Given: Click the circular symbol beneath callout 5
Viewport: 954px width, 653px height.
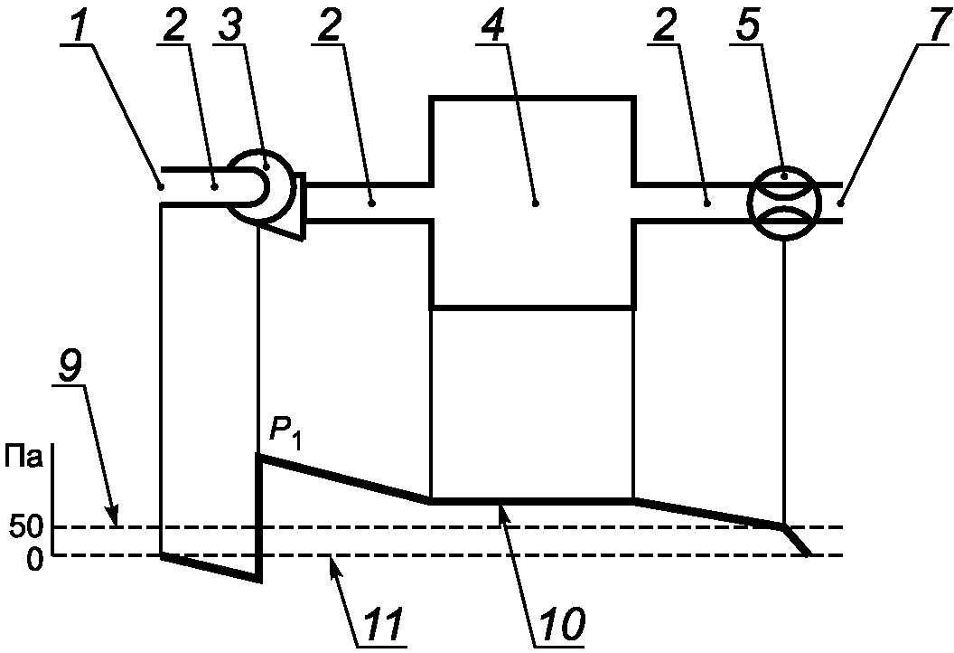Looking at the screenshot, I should tap(783, 203).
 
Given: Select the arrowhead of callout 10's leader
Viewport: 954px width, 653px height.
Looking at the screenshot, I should tap(501, 506).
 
